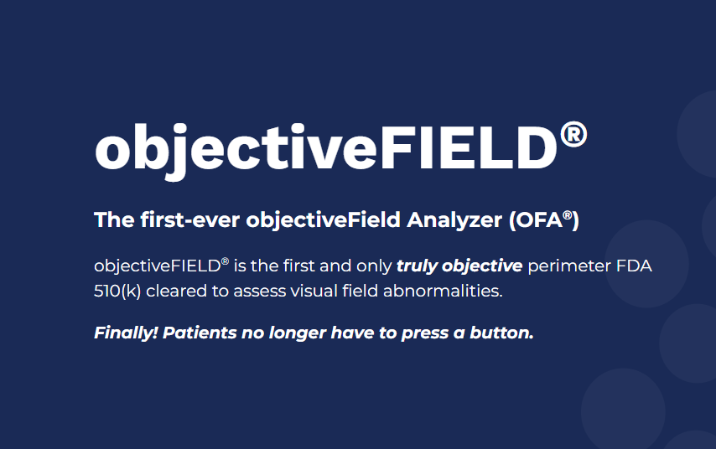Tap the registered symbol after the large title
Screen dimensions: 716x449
click(x=573, y=135)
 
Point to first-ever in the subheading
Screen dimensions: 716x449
click(x=190, y=219)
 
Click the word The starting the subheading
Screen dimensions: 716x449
click(x=114, y=219)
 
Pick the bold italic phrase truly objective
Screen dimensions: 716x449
click(x=459, y=266)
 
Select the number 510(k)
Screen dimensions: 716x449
click(x=117, y=292)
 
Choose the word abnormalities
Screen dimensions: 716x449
click(x=443, y=291)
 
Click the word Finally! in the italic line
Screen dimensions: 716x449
click(x=126, y=333)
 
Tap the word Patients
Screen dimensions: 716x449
click(x=200, y=333)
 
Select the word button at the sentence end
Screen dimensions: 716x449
click(x=501, y=333)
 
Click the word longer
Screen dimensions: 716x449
click(x=298, y=333)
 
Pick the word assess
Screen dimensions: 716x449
click(x=259, y=292)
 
